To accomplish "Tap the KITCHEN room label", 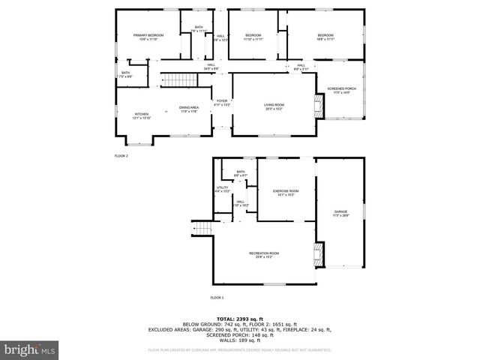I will pyautogui.click(x=121, y=116).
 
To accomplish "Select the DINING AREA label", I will pyautogui.click(x=189, y=109).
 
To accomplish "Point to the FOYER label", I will pyautogui.click(x=222, y=103).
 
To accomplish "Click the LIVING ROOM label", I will pyautogui.click(x=273, y=107).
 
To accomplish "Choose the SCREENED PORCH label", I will pyautogui.click(x=340, y=89).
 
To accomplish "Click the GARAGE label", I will pyautogui.click(x=340, y=213).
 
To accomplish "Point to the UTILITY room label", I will pyautogui.click(x=222, y=190).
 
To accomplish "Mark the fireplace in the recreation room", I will pyautogui.click(x=320, y=254).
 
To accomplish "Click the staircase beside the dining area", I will pyautogui.click(x=175, y=80).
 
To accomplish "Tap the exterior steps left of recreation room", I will pyautogui.click(x=202, y=227).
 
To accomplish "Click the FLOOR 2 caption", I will pyautogui.click(x=121, y=156).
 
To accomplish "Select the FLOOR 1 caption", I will pyautogui.click(x=217, y=298).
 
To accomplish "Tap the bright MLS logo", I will pyautogui.click(x=30, y=349).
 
